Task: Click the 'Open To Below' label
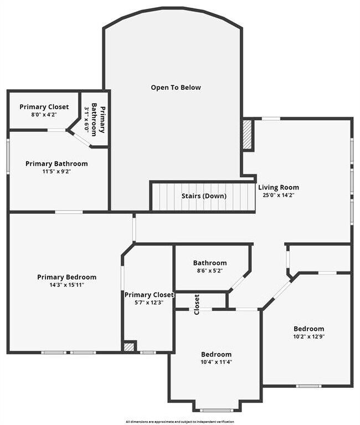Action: point(176,88)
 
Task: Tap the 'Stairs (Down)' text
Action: point(203,196)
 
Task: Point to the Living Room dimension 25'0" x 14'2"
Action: point(279,195)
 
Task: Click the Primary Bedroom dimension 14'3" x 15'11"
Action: point(66,285)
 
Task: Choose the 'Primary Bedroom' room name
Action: point(66,277)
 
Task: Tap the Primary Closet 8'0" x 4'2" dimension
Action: point(44,115)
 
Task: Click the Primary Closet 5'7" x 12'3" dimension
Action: point(149,303)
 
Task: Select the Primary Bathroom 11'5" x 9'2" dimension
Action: point(56,171)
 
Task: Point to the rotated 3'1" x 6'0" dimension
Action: point(86,118)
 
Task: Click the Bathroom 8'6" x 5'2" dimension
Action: point(209,270)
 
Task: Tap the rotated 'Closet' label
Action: point(197,304)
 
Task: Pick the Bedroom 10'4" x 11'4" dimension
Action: point(216,362)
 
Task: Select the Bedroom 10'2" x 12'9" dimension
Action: point(308,336)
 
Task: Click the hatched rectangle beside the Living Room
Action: point(248,135)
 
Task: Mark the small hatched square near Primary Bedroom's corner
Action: point(128,347)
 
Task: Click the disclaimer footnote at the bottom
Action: point(179,422)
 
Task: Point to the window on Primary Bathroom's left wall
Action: point(8,156)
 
